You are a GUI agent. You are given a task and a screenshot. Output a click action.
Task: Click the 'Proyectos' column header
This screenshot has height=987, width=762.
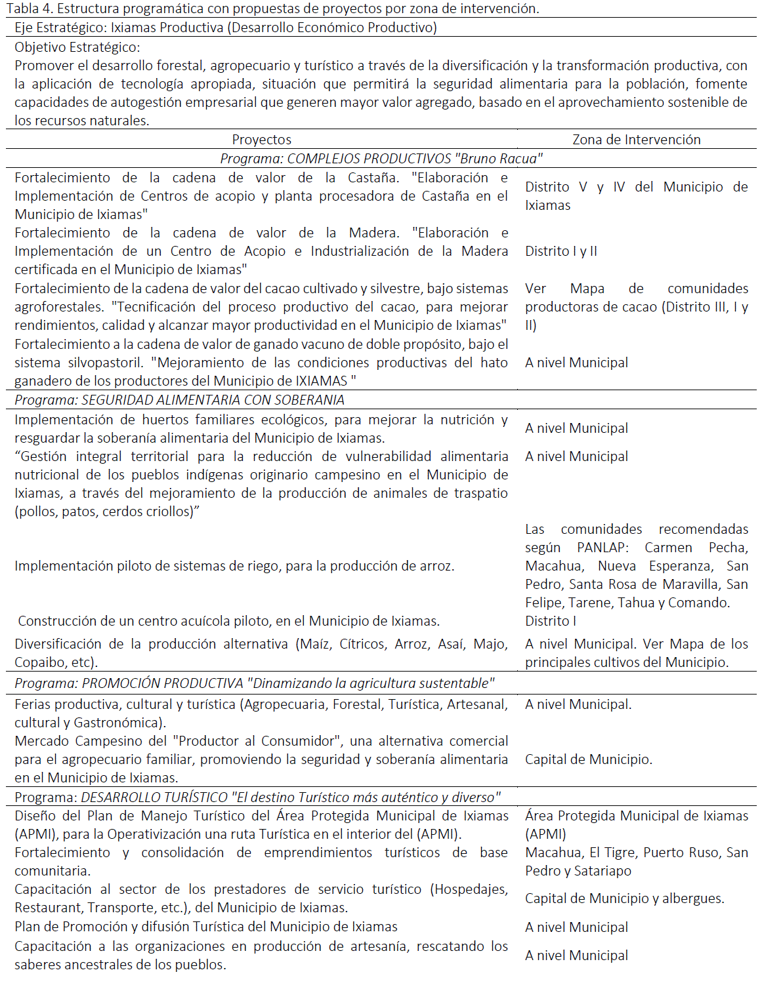coord(261,140)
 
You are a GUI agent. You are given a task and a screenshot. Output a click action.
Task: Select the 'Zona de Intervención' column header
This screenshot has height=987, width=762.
coord(636,140)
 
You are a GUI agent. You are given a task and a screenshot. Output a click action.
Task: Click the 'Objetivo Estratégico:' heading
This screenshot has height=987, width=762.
coord(77,47)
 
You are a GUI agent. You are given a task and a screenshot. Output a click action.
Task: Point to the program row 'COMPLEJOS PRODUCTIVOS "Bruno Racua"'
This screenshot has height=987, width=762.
coord(381,159)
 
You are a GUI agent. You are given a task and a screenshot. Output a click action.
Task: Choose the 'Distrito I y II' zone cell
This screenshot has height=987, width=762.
coord(561,251)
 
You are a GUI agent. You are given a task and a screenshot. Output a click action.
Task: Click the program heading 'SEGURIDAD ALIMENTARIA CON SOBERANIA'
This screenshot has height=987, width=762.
coord(179,400)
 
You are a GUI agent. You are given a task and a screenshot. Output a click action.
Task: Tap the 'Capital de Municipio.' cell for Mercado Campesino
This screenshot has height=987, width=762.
coord(589,759)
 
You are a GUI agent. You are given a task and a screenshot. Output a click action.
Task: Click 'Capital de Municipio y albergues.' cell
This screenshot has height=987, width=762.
coord(624,898)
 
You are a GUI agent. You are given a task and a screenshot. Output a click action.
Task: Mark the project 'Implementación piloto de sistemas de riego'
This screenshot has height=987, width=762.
coord(234,566)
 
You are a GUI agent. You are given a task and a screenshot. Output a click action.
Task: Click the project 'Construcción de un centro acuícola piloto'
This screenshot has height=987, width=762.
coord(228,621)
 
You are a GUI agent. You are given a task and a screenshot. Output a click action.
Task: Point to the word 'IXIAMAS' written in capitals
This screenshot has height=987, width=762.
coord(322,381)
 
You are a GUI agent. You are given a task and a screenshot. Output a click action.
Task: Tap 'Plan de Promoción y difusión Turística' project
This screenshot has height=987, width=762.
coord(206,927)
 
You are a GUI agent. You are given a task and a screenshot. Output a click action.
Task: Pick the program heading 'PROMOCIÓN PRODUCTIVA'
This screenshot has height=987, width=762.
coord(162,683)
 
